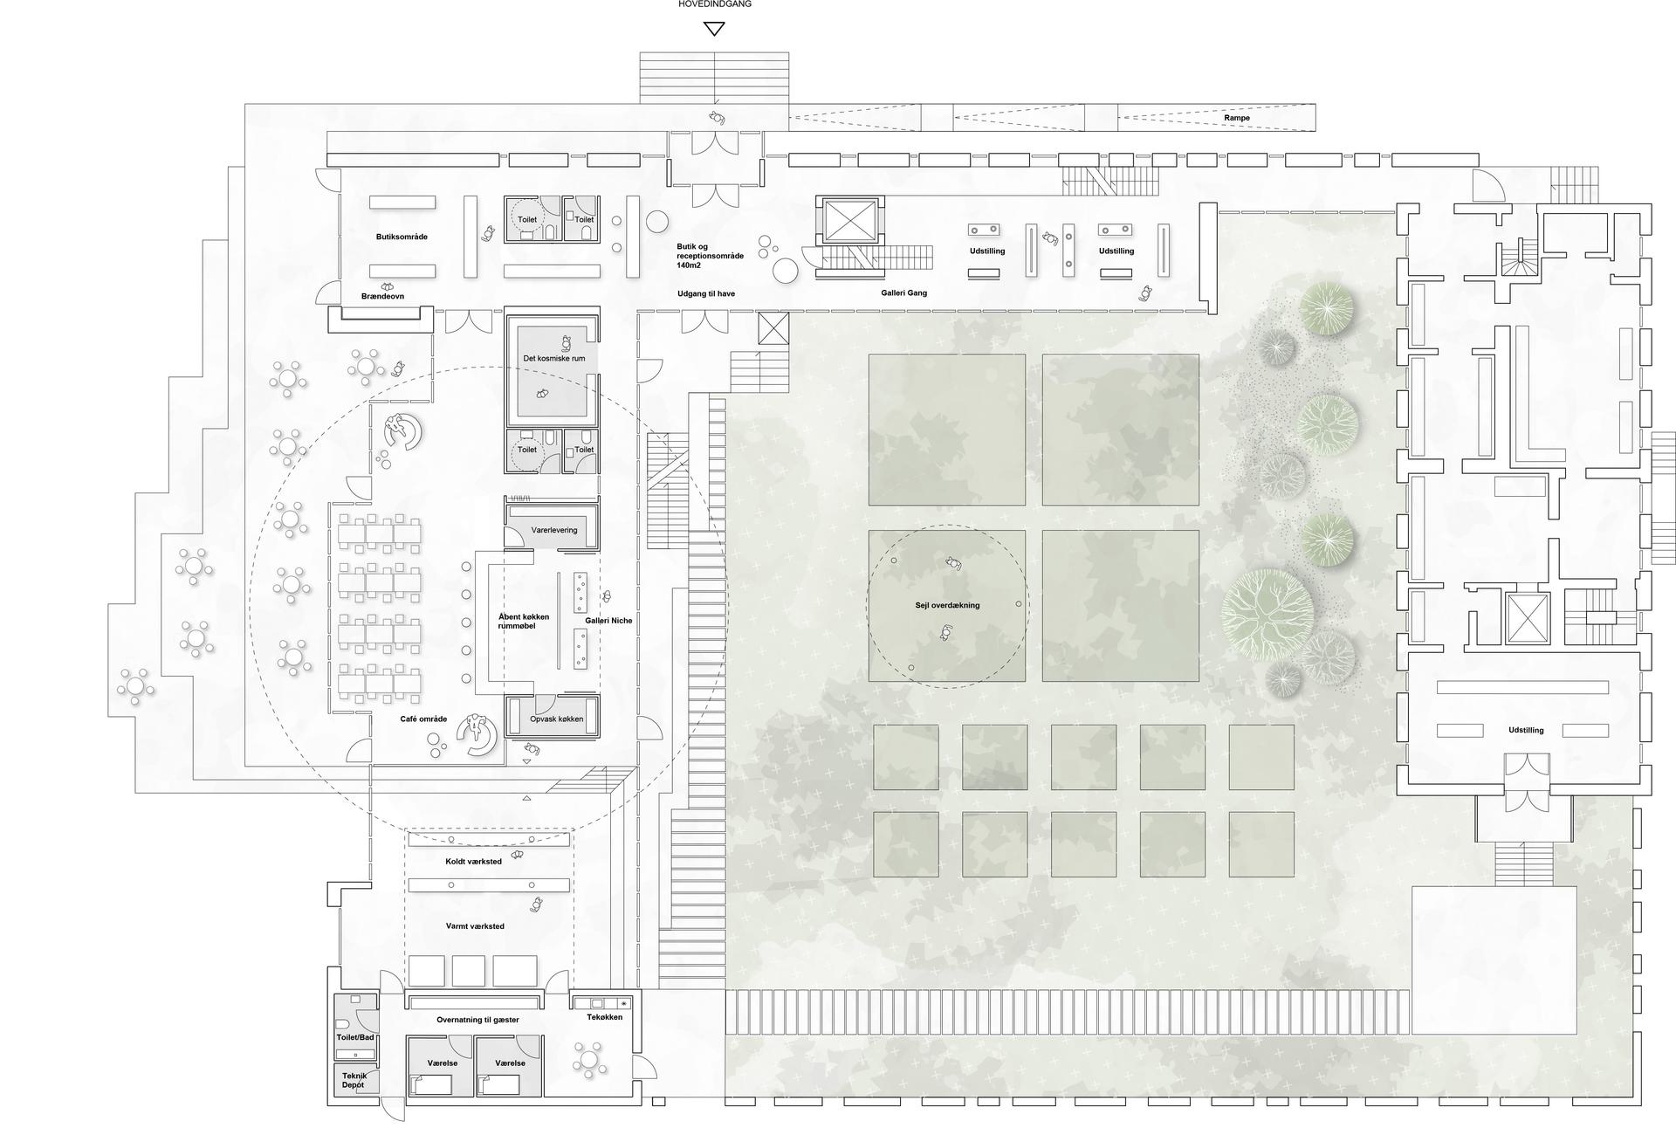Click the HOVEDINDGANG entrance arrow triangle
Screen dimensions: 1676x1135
click(x=714, y=30)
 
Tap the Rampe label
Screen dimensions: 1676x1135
click(x=1236, y=118)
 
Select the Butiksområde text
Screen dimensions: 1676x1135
click(x=402, y=237)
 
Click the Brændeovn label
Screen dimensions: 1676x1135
click(x=382, y=297)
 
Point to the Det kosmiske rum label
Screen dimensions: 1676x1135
click(x=553, y=358)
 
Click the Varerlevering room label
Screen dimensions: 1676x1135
click(x=553, y=530)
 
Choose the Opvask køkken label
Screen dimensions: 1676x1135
click(x=556, y=719)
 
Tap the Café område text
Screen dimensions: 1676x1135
click(x=423, y=719)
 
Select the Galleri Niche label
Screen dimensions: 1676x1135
click(x=608, y=621)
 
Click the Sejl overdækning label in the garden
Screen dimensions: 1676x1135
click(x=947, y=605)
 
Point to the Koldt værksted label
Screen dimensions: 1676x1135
click(x=473, y=862)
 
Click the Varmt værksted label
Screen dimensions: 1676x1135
click(x=474, y=926)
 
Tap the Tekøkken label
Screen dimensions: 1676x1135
click(x=604, y=1017)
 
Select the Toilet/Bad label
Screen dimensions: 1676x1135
click(x=355, y=1038)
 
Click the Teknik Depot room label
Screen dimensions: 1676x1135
click(x=354, y=1080)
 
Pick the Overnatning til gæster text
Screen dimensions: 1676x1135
click(x=477, y=1020)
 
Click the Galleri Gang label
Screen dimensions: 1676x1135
click(x=903, y=293)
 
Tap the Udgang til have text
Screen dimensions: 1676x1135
click(x=706, y=294)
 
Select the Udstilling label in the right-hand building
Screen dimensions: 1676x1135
click(x=1526, y=731)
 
